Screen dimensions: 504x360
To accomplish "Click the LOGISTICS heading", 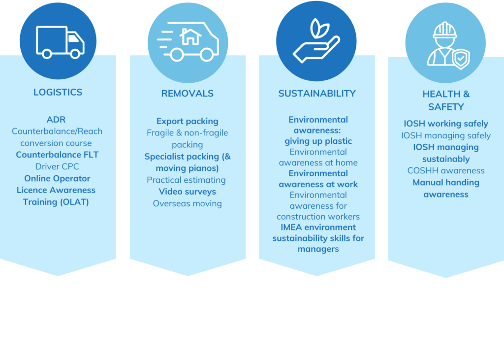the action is coord(58,92).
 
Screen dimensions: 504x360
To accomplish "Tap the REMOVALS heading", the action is coord(188,94).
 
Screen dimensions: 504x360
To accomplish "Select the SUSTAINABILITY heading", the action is coord(317,94).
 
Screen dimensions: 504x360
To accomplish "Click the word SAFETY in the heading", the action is coord(446,107).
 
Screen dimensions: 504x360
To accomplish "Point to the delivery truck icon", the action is coord(60,42).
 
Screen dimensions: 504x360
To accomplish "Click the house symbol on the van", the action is coord(190,36).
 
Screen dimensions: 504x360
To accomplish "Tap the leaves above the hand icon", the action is coord(319,28).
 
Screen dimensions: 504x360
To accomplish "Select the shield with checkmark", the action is coord(461,59).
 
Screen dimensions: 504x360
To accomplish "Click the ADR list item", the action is coord(56,120).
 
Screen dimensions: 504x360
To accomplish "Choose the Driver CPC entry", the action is coord(57,166).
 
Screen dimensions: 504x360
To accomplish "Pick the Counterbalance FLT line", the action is coord(57,155).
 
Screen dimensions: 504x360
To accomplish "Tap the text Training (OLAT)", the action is coord(56,202).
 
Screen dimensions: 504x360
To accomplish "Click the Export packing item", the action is coord(188,121).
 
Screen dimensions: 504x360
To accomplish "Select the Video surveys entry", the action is coord(188,192).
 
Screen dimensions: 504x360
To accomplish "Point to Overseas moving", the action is coord(188,204).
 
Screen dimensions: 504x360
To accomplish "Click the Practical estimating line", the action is coord(187,180).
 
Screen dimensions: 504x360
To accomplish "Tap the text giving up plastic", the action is coord(318,141).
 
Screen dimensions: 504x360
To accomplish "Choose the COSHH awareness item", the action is coord(446,170).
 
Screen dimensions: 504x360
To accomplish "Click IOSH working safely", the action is coord(446,124).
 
